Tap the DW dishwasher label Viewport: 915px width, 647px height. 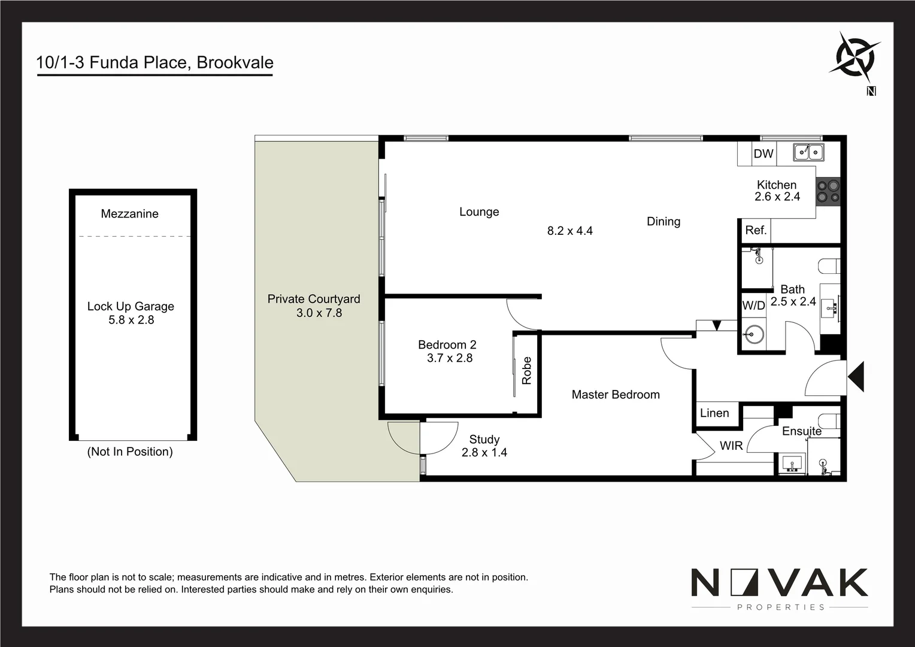point(763,154)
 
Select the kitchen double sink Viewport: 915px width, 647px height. point(808,153)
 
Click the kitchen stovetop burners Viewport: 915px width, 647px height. point(829,191)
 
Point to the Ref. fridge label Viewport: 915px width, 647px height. point(756,230)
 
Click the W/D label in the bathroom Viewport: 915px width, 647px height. point(753,306)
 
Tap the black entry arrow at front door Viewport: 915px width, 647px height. point(856,377)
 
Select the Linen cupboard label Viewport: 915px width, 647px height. point(714,413)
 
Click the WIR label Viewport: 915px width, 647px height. point(731,446)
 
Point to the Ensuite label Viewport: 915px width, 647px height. point(801,431)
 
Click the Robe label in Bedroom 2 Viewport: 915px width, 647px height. point(527,370)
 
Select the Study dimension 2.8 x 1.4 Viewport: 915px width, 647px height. point(484,453)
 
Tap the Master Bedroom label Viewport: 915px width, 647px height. point(616,395)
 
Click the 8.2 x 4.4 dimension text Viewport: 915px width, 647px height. point(569,231)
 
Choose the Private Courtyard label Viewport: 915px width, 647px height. point(313,299)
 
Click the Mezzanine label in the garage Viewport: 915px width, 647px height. point(129,214)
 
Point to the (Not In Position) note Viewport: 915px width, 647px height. point(130,452)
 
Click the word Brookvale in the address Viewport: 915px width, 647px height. point(235,63)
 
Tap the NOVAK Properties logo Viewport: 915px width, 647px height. point(779,588)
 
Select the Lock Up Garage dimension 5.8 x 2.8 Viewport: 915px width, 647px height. point(131,321)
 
